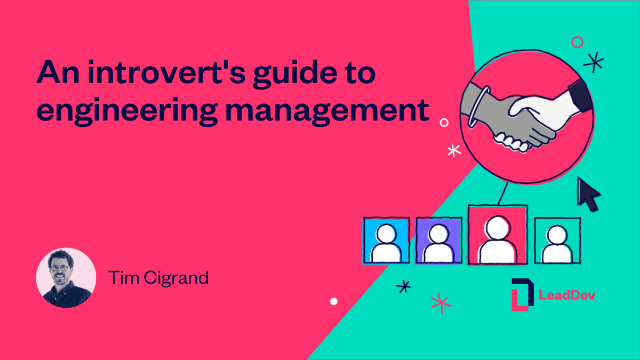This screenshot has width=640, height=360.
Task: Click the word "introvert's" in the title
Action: [x=161, y=74]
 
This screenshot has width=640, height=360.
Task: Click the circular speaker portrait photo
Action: [x=66, y=278]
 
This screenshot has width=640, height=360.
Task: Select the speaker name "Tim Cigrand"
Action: [x=158, y=278]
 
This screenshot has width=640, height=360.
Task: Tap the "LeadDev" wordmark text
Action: [x=566, y=295]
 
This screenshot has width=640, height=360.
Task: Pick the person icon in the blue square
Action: [x=386, y=241]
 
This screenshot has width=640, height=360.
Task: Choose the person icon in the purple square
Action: [x=438, y=241]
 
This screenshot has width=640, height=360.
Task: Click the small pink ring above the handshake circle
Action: [x=577, y=42]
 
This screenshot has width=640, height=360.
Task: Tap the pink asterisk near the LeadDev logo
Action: [x=441, y=302]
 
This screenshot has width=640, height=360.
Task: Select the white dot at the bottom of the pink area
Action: [x=334, y=301]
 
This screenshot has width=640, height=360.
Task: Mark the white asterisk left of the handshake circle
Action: [x=454, y=150]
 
